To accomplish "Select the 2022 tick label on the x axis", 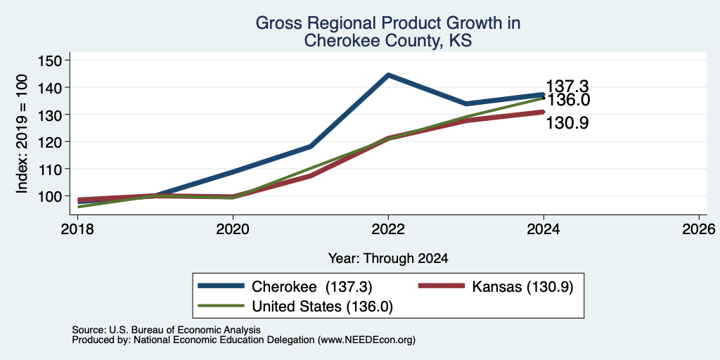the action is pyautogui.click(x=388, y=229).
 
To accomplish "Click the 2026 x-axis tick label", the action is pyautogui.click(x=698, y=229).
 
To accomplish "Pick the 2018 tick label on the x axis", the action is pyautogui.click(x=77, y=229).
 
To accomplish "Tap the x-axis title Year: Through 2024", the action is pyautogui.click(x=388, y=259).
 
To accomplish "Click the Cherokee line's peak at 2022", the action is pyautogui.click(x=388, y=75).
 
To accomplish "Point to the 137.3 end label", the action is pyautogui.click(x=567, y=86).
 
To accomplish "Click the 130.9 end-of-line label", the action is pyautogui.click(x=567, y=123).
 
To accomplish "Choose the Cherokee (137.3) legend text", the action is pyautogui.click(x=311, y=287).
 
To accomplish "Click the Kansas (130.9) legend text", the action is pyautogui.click(x=522, y=287).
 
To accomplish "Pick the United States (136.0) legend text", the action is pyautogui.click(x=322, y=307).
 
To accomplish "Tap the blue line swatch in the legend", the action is pyautogui.click(x=221, y=286).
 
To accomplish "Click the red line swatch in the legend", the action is pyautogui.click(x=442, y=286).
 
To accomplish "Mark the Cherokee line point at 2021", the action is pyautogui.click(x=311, y=146).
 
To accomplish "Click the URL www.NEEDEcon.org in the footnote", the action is pyautogui.click(x=365, y=340).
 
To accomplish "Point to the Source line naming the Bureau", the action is pyautogui.click(x=166, y=330).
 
